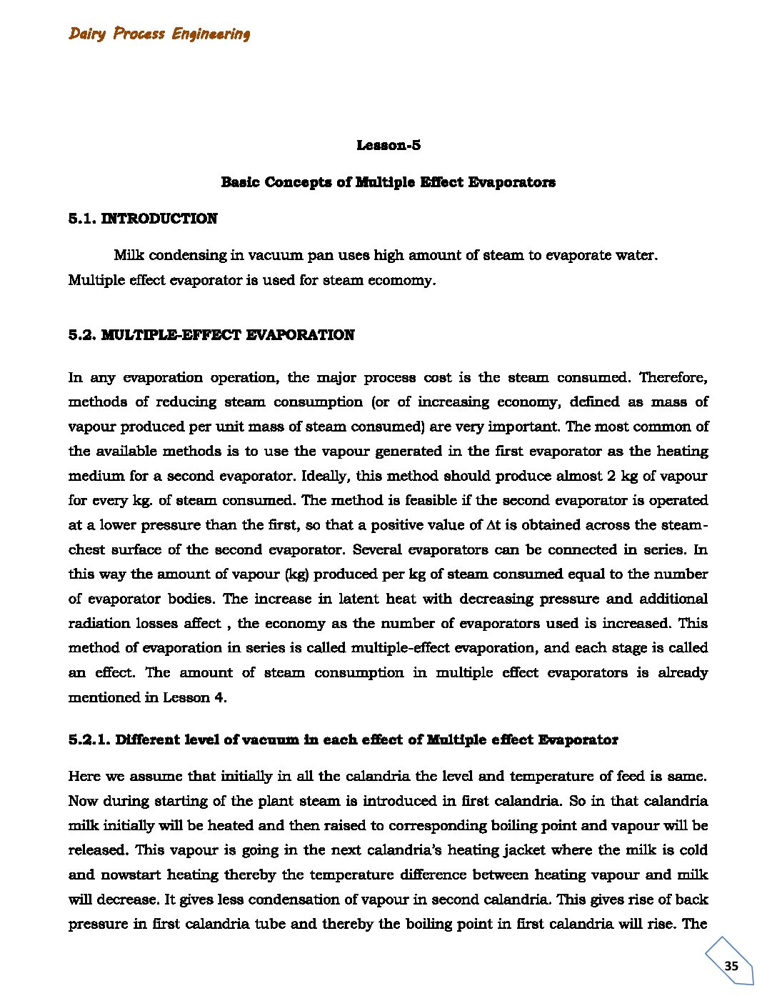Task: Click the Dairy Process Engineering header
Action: pyautogui.click(x=159, y=34)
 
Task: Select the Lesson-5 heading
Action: pyautogui.click(x=388, y=146)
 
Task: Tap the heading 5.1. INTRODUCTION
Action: pyautogui.click(x=143, y=219)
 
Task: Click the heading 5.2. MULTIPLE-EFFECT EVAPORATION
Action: pyautogui.click(x=211, y=335)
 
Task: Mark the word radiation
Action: pyautogui.click(x=98, y=624)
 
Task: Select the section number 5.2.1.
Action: pyautogui.click(x=89, y=740)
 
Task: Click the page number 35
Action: pyautogui.click(x=731, y=966)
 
